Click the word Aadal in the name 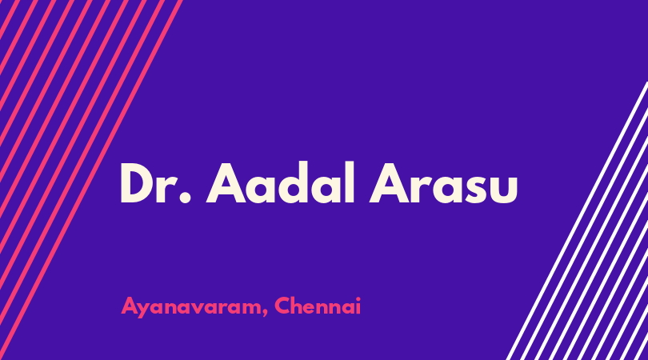(281, 182)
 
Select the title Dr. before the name (156, 183)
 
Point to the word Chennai (318, 306)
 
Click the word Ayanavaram (192, 307)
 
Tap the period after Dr (186, 198)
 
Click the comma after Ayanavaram (265, 312)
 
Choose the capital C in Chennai (283, 306)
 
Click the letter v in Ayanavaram (202, 309)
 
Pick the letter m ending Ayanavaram (251, 308)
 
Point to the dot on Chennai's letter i (358, 298)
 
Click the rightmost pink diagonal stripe (91, 180)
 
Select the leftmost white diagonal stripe (578, 221)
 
